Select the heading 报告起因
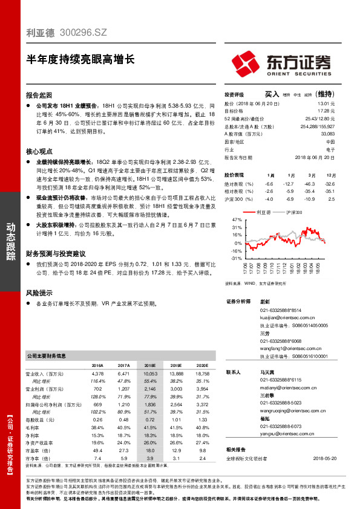pos(39,95)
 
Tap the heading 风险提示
pos(39,293)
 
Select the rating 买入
pos(272,94)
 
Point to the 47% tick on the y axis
pos(237,220)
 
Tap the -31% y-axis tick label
pos(237,258)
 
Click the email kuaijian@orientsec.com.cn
pos(284,317)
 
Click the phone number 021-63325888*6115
pos(277,380)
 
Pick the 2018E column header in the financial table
pos(149,366)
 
